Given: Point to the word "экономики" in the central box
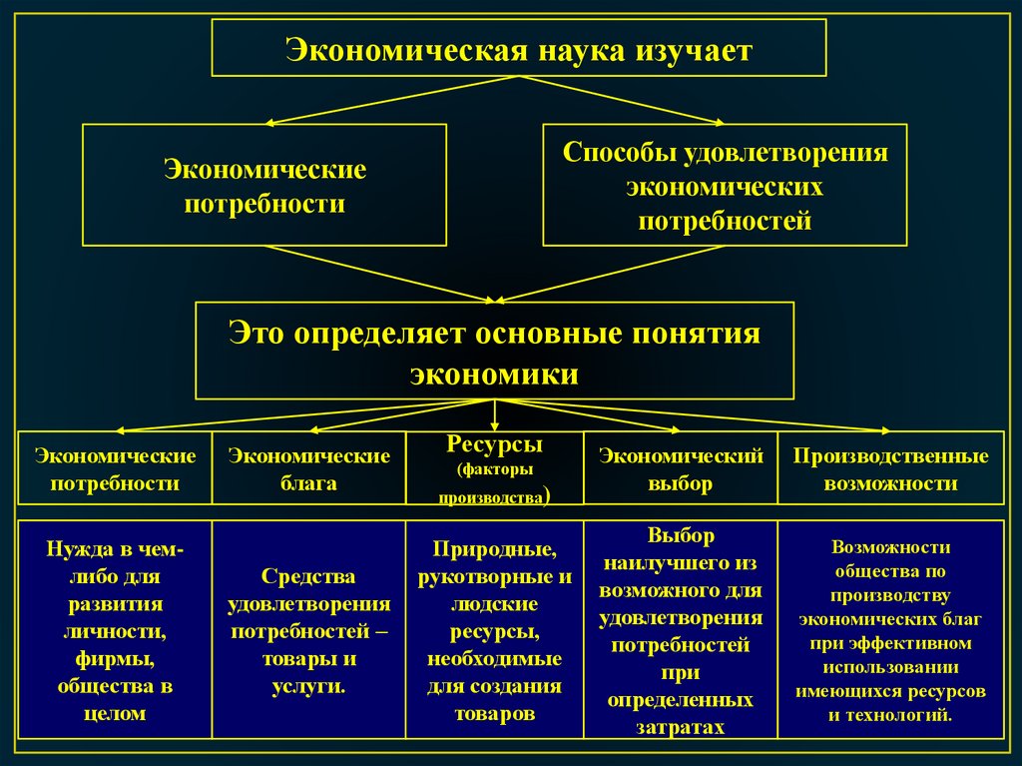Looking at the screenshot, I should (495, 374).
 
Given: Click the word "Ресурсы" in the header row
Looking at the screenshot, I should (495, 443).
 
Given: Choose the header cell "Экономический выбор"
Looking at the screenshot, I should (681, 470).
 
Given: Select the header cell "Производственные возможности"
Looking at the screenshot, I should (890, 470).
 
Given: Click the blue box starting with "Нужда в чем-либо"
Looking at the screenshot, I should (116, 629).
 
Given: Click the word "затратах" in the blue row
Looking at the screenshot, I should (681, 728).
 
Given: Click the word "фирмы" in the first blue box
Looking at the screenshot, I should (116, 658).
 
